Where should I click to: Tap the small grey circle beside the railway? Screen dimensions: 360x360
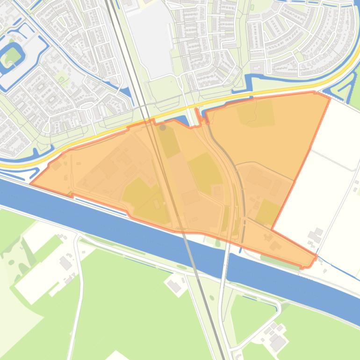click(163, 127)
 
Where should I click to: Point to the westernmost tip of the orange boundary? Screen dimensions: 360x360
click(31, 183)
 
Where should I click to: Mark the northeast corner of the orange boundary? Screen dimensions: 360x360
click(330, 98)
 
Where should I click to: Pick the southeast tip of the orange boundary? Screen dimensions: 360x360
click(316, 256)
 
